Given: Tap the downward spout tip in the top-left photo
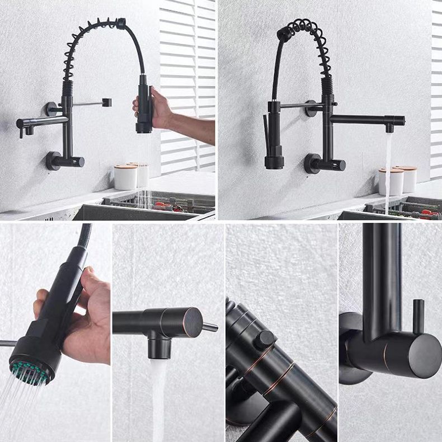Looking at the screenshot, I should coord(22,132).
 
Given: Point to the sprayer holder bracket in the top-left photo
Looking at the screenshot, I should coord(106,102).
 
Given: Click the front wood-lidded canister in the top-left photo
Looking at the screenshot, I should coord(125,176).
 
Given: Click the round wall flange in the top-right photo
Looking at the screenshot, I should coord(312,163).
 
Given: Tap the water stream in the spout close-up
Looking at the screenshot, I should coord(158,397).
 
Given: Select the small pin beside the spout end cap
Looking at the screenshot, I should coord(210,327).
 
